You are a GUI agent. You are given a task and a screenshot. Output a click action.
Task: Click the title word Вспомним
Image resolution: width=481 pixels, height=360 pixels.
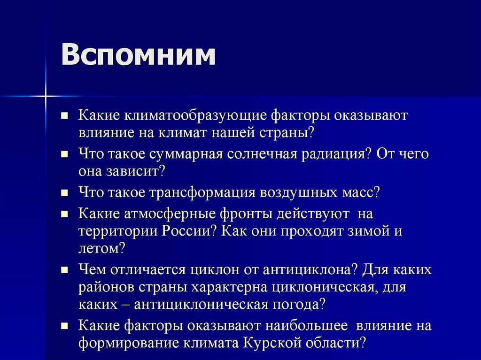coord(138,55)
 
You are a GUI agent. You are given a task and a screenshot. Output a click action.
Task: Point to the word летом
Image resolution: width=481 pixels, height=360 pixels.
coord(101,248)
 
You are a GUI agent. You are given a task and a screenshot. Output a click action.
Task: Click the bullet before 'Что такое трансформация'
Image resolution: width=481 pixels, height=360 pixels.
coord(65,193)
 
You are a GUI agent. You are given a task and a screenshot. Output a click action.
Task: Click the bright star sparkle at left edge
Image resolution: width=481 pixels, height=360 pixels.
coord(46,96)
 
